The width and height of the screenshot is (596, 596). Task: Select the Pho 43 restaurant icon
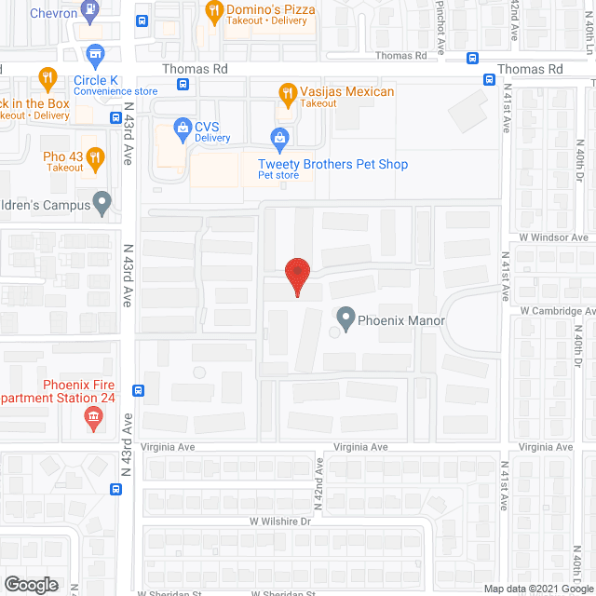(94, 156)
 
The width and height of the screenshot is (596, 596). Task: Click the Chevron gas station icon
(90, 11)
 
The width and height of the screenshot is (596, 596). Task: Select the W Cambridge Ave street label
(557, 311)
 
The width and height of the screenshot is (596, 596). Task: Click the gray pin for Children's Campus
(103, 202)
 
